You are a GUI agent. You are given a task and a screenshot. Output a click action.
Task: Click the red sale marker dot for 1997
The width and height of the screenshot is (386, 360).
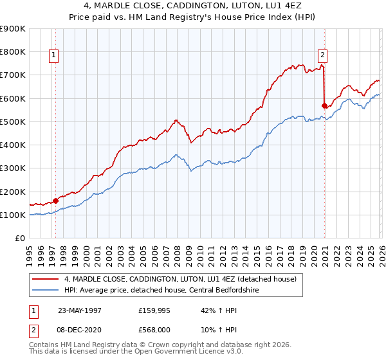point(56,201)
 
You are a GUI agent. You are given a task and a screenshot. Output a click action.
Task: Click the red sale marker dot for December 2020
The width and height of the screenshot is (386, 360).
point(325,106)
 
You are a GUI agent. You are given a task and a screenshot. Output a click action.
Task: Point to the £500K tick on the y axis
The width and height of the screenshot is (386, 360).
point(14,122)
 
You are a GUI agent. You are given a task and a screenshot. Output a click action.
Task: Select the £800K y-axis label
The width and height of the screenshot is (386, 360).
point(14,51)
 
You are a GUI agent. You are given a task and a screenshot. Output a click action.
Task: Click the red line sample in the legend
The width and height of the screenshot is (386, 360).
point(46,279)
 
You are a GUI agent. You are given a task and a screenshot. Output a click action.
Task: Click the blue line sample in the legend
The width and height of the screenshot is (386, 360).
point(46,290)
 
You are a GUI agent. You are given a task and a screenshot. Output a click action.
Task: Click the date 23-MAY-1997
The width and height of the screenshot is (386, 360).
point(79,310)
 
